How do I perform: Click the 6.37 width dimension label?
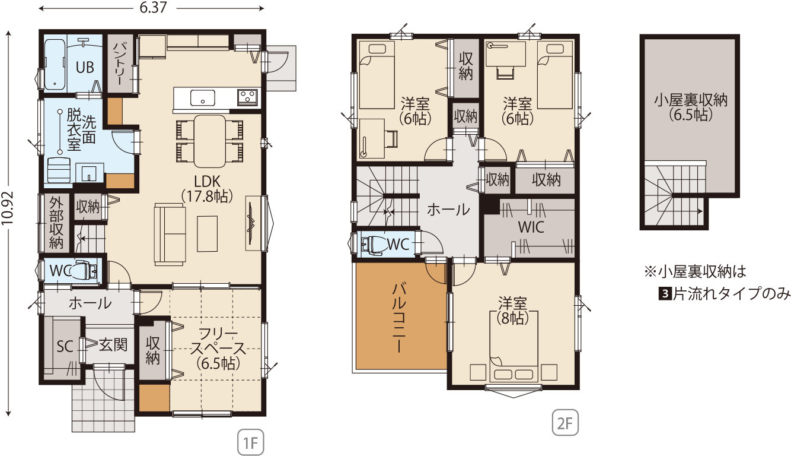click(x=153, y=8)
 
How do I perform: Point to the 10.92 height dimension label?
click(x=8, y=208)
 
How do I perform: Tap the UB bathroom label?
click(x=85, y=67)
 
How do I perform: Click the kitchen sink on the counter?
click(x=203, y=98)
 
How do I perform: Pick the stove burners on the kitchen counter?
click(x=247, y=97)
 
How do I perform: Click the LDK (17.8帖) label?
click(x=208, y=189)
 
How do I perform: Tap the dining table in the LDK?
click(x=209, y=141)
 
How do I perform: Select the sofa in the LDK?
click(x=170, y=235)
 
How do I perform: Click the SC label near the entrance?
click(x=65, y=347)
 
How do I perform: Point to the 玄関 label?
click(x=113, y=344)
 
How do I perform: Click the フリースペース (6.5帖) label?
click(x=218, y=349)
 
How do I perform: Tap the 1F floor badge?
click(x=251, y=442)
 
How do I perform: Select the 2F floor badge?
click(x=565, y=422)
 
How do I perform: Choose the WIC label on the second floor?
click(x=531, y=227)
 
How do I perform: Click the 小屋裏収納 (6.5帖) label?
click(x=690, y=107)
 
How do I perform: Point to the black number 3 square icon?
click(x=665, y=294)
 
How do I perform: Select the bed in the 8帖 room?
click(x=514, y=346)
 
